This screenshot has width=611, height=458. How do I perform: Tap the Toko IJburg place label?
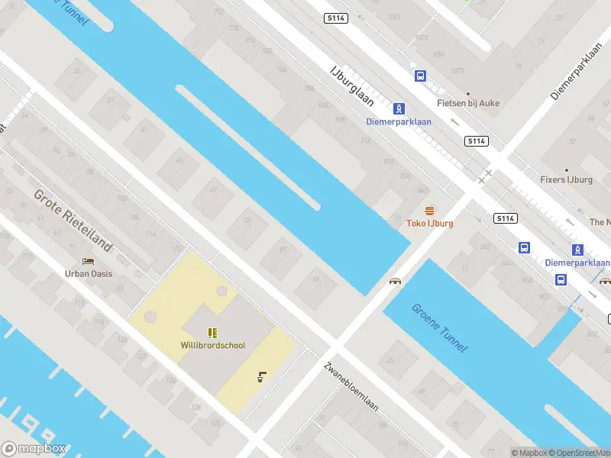click(429, 224)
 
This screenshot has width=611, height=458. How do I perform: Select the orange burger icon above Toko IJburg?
click(429, 211)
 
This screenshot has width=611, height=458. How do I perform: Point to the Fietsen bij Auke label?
click(468, 103)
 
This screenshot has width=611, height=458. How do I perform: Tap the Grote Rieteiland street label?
click(73, 221)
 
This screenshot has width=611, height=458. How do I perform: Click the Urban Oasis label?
click(89, 274)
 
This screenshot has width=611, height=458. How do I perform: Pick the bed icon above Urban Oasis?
click(89, 262)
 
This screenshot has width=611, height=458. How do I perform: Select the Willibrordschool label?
click(213, 345)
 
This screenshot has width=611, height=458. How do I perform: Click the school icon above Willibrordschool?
click(213, 332)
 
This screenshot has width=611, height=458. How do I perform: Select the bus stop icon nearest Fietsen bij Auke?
click(420, 76)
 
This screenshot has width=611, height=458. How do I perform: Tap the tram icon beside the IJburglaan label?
click(398, 109)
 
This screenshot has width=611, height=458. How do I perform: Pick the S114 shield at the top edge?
click(336, 18)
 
